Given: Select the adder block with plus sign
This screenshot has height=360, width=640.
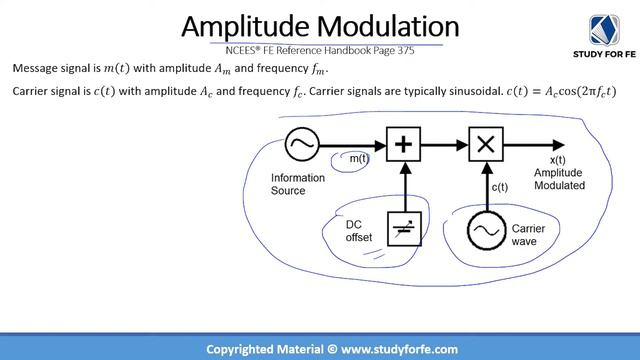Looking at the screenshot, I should (403, 145).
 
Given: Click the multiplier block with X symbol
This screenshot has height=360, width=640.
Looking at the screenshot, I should (485, 145).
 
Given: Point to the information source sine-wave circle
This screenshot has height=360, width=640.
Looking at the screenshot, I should (300, 145).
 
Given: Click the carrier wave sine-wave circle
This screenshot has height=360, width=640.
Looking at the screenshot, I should (485, 230).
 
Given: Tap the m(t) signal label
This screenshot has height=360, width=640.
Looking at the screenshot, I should (357, 159).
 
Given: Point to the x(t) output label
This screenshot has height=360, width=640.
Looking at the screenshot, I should (557, 160).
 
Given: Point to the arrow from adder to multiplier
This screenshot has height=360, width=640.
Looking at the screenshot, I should (444, 145).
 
